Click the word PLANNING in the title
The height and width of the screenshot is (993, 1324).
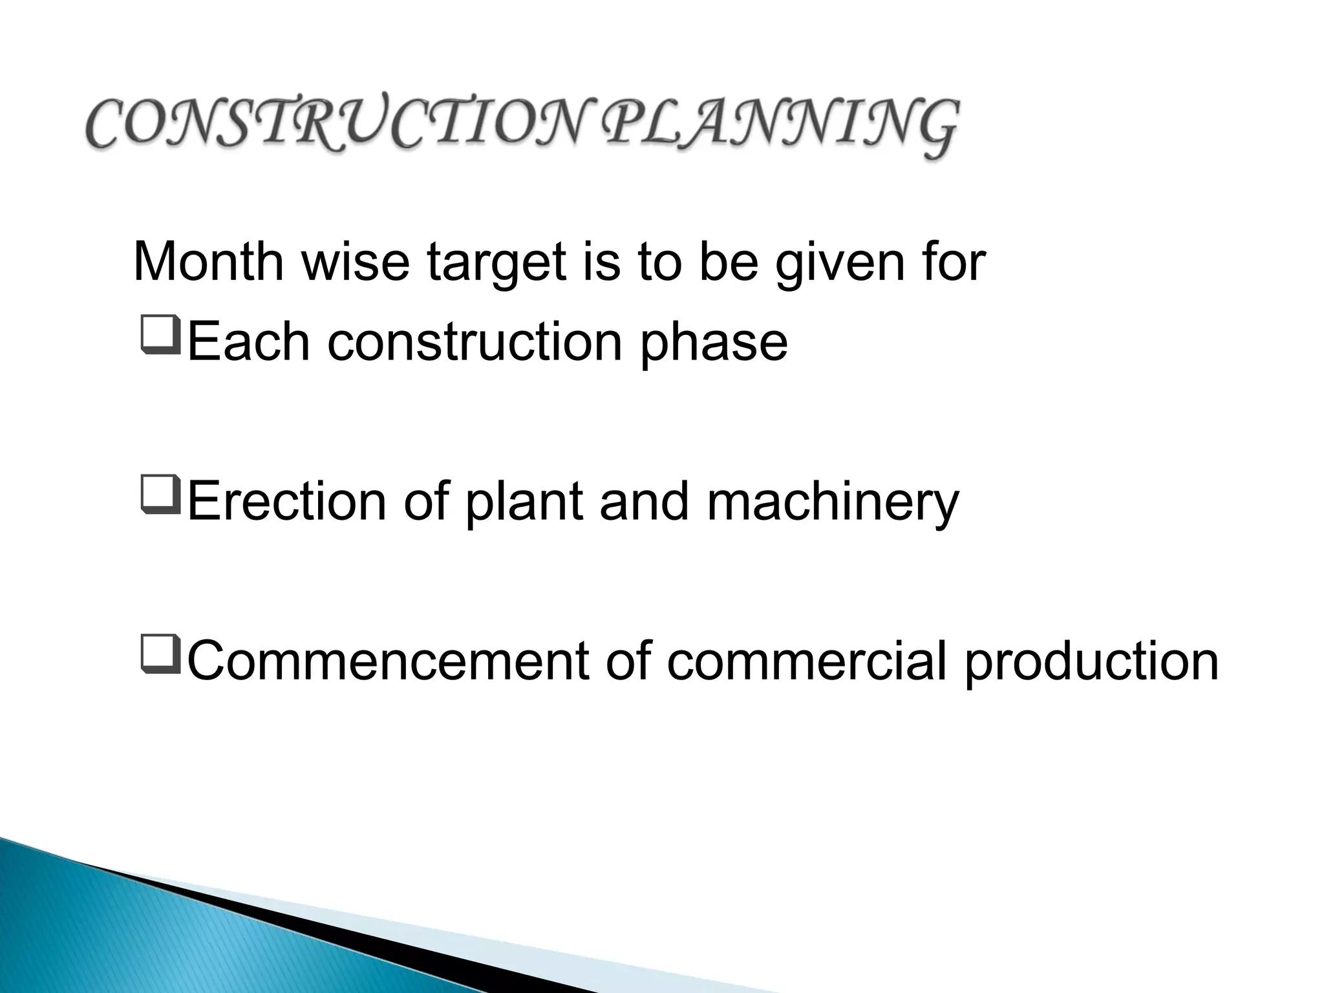pos(778,127)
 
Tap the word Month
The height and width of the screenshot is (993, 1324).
pos(208,262)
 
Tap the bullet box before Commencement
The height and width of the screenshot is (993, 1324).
pos(160,657)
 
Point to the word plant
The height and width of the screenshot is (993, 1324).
pos(524,502)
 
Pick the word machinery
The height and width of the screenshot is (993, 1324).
pos(833,502)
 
